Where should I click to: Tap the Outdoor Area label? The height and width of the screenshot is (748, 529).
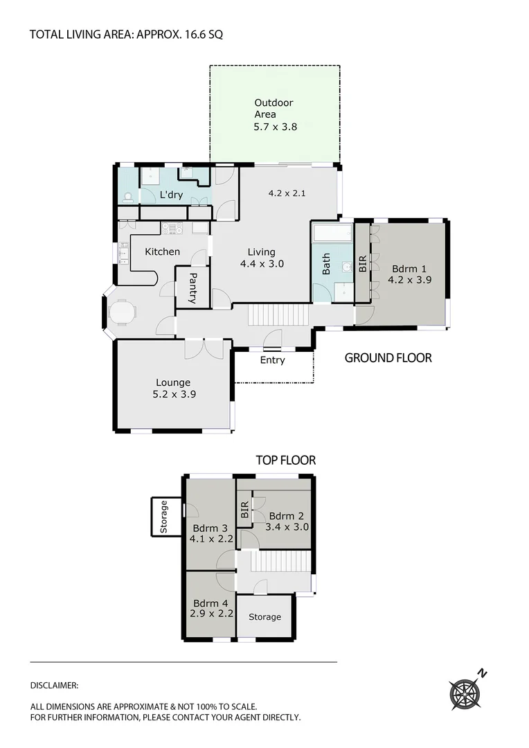click(274, 109)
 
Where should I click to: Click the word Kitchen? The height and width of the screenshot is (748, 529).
click(162, 251)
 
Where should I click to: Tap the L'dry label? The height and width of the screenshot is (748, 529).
click(171, 195)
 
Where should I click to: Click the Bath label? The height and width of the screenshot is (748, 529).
click(325, 265)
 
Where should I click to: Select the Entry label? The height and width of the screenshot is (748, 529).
click(272, 360)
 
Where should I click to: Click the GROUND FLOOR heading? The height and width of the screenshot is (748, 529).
click(388, 358)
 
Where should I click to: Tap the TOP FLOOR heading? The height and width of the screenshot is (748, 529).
click(285, 460)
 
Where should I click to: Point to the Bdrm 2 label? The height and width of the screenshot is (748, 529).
click(287, 515)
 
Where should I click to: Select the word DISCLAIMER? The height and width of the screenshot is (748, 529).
click(54, 685)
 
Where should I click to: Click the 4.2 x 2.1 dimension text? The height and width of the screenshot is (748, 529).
click(287, 194)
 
